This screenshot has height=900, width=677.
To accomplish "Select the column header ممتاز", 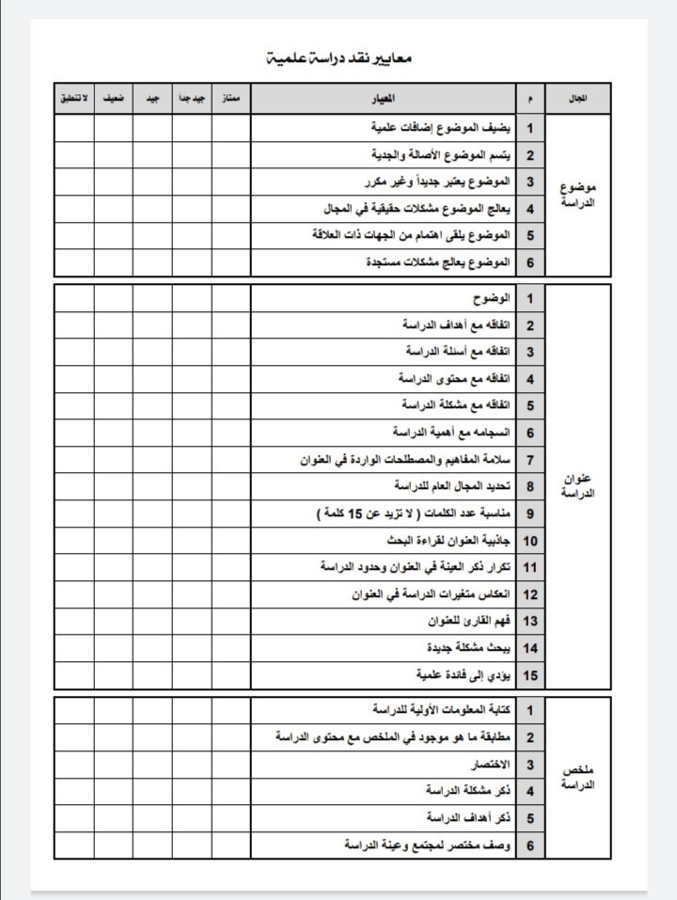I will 231,98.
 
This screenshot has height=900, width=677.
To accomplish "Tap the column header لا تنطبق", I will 74,98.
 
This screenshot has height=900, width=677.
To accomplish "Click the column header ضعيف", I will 114,98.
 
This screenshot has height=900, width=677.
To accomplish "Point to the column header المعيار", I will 384,98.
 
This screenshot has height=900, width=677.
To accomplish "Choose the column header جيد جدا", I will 192,98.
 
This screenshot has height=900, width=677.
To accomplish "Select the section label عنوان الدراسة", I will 579,486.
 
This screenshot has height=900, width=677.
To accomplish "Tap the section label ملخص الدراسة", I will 579,777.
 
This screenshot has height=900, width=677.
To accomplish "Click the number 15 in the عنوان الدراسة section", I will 529,674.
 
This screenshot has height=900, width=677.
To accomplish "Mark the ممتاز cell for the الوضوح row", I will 231,299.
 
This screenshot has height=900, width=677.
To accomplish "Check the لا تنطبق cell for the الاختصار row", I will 74,764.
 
